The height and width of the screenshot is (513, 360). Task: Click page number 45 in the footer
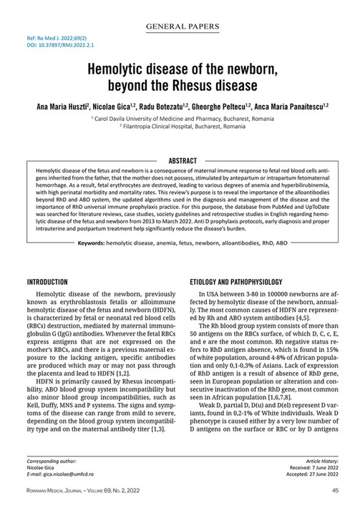tap(335, 491)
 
